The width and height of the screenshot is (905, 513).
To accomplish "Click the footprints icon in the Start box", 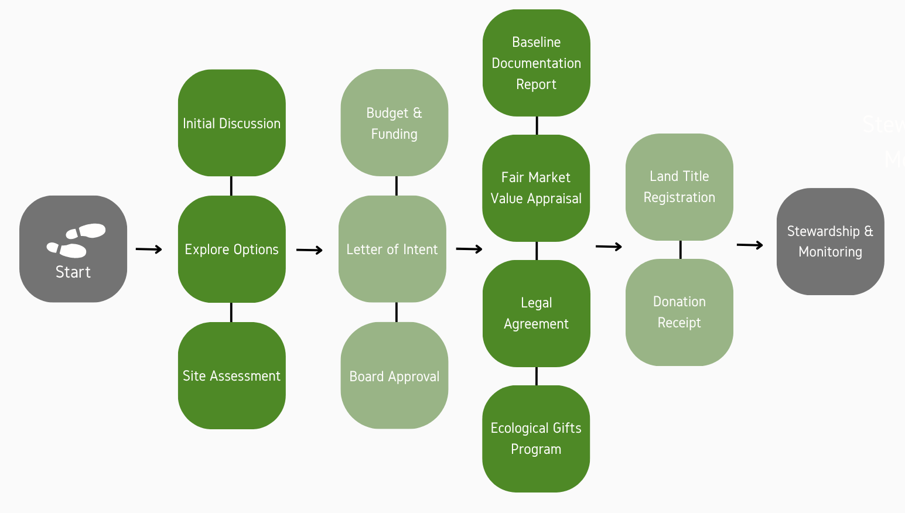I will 76,240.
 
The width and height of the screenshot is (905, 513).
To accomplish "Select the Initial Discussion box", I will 232,123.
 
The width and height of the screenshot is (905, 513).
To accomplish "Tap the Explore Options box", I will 232,249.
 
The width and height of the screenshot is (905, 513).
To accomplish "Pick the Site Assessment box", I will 232,375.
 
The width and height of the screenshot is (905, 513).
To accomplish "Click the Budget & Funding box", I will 394,123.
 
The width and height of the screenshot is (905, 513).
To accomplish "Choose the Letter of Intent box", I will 392,249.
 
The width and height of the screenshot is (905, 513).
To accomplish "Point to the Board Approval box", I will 394,375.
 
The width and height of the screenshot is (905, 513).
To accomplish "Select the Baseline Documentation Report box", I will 537,63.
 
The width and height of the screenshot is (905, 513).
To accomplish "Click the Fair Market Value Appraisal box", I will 536,188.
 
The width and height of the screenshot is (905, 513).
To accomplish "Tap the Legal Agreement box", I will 537,313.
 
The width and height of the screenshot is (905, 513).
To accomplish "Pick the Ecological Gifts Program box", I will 536,439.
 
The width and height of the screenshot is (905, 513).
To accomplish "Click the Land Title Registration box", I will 679,187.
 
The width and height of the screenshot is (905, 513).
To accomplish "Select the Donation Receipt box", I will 679,312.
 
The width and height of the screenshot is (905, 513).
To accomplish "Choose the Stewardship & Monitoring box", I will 831,241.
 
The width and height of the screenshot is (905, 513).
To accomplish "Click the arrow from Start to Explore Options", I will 149,249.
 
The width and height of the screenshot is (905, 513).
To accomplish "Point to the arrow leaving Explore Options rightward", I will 309,250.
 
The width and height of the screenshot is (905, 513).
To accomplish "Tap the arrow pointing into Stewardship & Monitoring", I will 750,245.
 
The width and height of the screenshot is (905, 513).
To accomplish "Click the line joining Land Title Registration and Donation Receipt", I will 680,249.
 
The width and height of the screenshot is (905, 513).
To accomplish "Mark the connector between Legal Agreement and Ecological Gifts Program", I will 537,376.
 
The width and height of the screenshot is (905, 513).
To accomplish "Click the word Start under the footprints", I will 73,272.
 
